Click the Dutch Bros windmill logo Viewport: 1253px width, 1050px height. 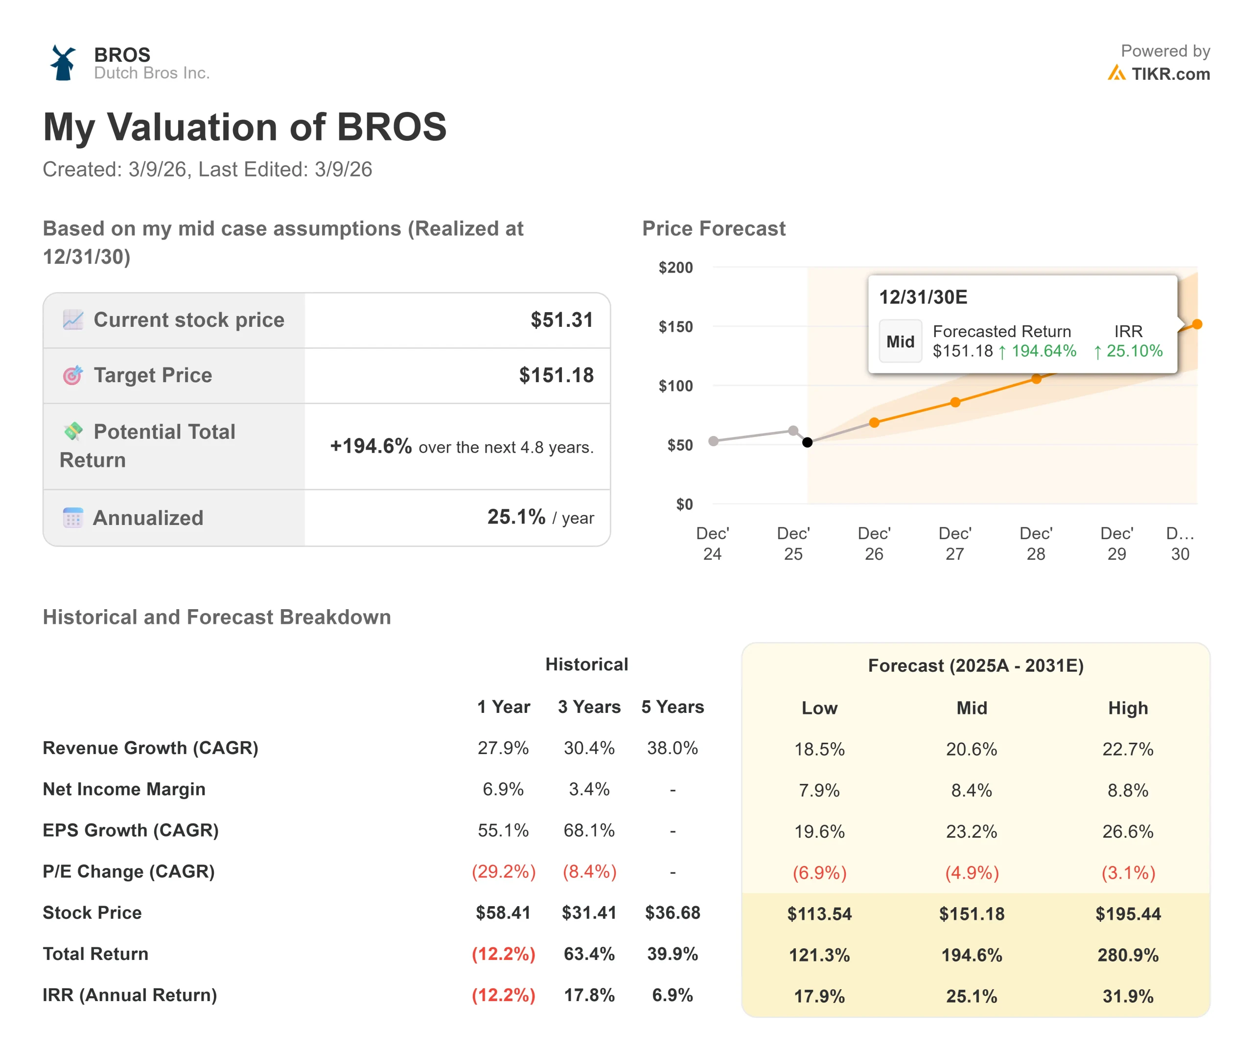[x=63, y=63]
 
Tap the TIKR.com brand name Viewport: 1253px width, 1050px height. [x=1170, y=74]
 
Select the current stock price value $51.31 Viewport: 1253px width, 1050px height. [x=561, y=320]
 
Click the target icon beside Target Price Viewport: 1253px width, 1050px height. [x=73, y=375]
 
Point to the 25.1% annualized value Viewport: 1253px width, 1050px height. [x=516, y=517]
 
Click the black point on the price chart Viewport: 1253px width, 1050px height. [x=807, y=442]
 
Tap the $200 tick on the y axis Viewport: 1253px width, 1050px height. [x=675, y=267]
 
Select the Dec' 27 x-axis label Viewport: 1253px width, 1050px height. [x=954, y=543]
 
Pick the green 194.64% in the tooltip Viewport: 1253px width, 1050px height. [x=1044, y=351]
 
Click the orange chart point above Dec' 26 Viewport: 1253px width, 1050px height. [x=874, y=422]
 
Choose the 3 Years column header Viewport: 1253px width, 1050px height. [x=589, y=707]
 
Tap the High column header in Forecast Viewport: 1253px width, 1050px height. [x=1128, y=708]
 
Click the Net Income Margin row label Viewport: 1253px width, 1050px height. [x=124, y=789]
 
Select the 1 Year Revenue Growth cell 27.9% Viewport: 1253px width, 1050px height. [x=503, y=748]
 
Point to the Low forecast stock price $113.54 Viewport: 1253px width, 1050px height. [x=819, y=913]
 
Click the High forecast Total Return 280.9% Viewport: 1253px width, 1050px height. [x=1128, y=955]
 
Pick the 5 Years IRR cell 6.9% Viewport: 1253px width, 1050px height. [x=673, y=995]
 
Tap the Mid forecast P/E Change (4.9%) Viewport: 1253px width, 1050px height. [x=972, y=873]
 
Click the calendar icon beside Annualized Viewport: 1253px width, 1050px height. [x=73, y=518]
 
